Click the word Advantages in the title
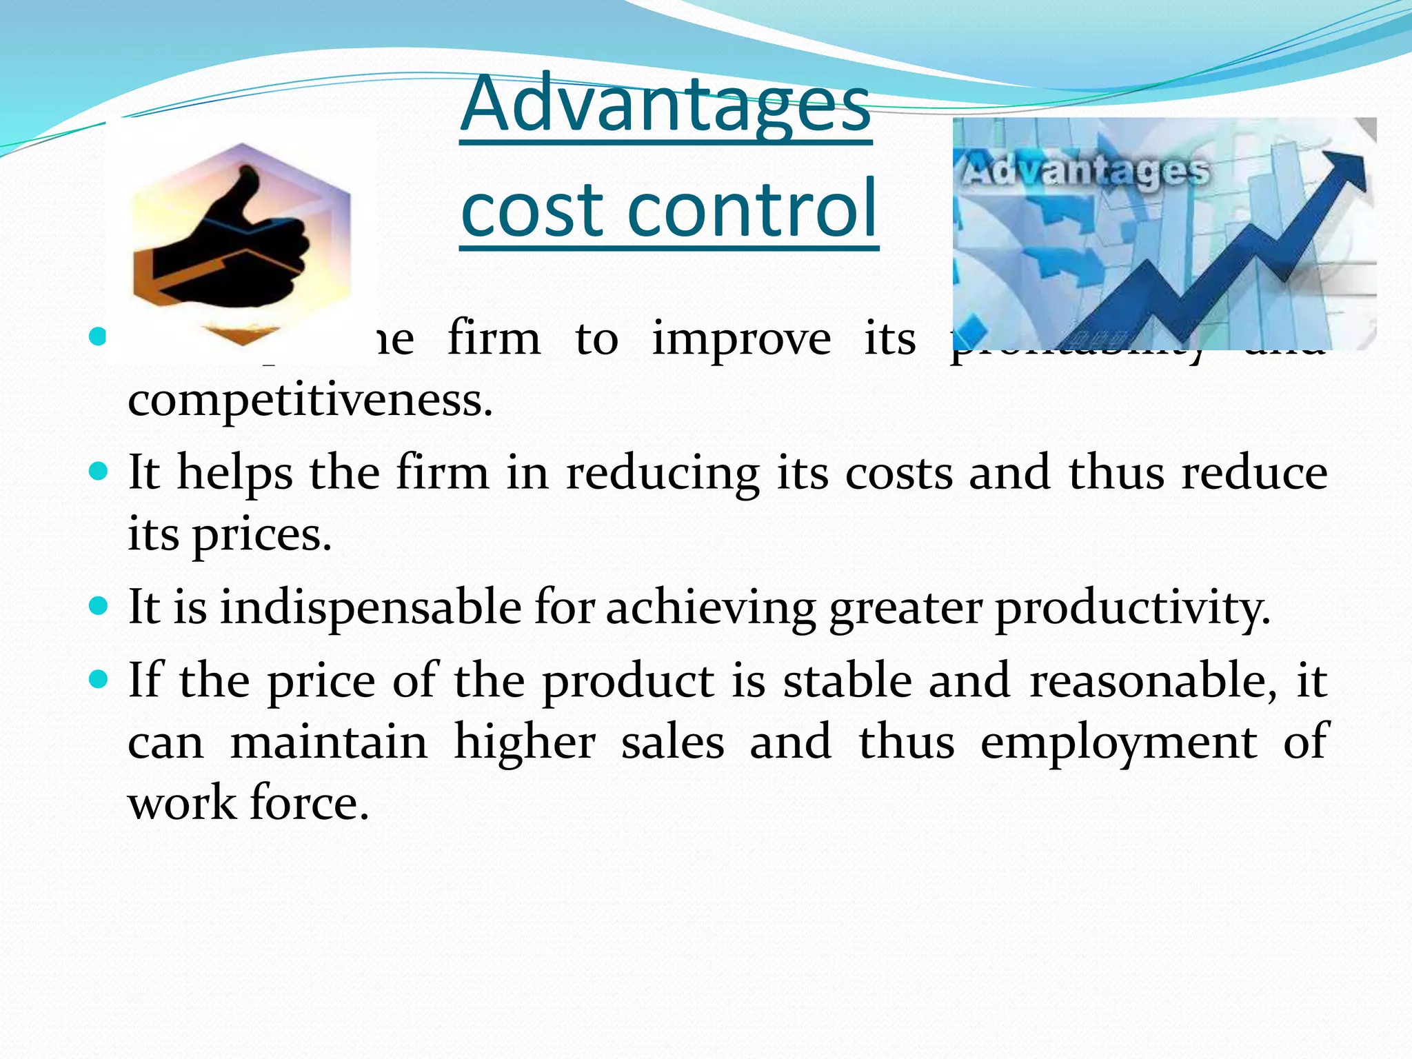(x=665, y=105)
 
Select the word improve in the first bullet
(x=741, y=339)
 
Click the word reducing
(x=663, y=474)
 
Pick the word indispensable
(x=370, y=607)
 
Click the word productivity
(x=1131, y=609)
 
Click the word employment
(x=1118, y=743)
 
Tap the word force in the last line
(x=309, y=803)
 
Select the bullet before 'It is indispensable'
(x=99, y=606)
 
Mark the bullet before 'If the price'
(x=99, y=680)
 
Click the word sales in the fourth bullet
(x=672, y=743)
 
